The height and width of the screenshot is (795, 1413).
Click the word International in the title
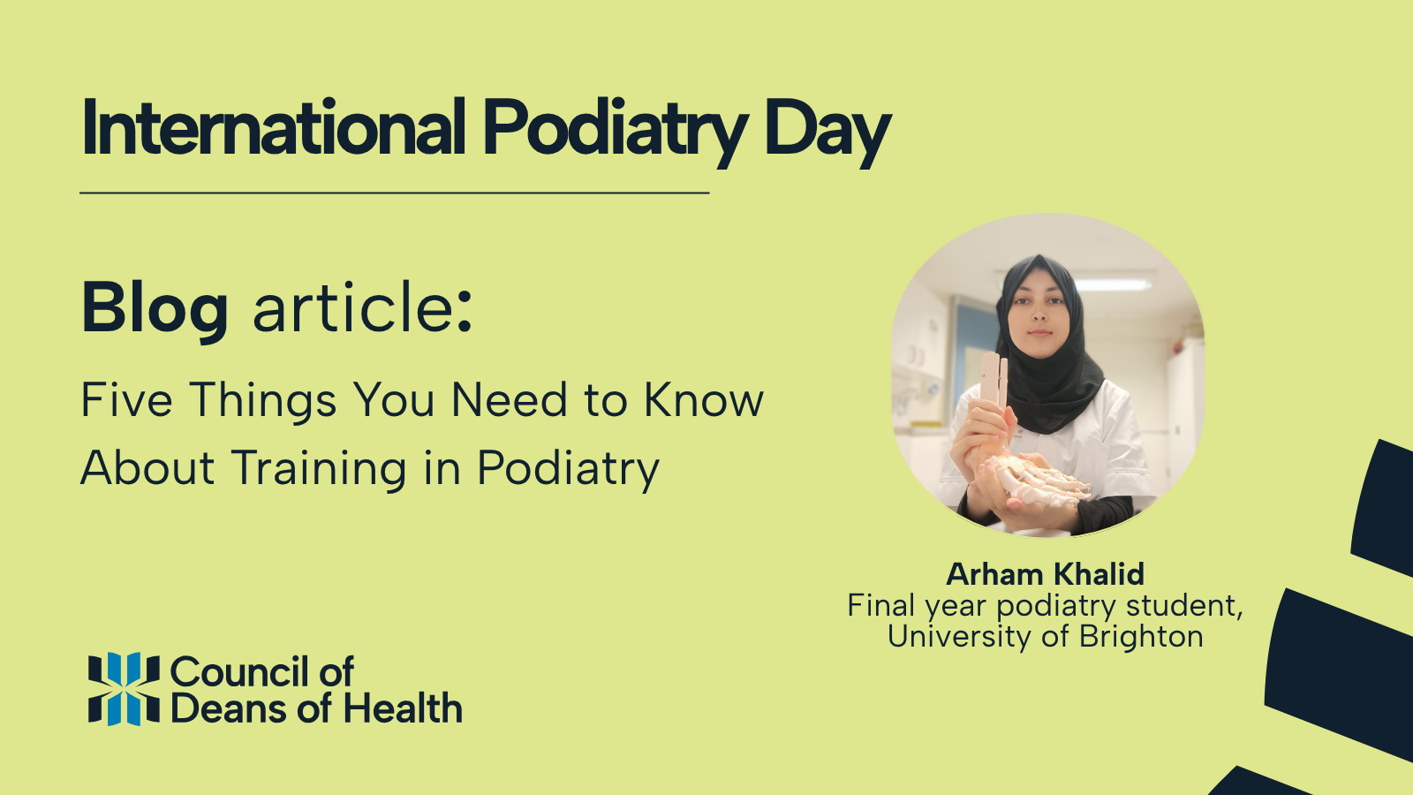274,129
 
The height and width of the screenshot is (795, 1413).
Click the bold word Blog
155,309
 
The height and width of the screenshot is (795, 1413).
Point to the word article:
363,308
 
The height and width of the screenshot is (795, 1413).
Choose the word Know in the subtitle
704,400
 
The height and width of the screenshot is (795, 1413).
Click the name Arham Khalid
1046,574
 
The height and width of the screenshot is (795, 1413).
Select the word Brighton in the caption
1141,636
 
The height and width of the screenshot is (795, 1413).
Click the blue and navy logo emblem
124,689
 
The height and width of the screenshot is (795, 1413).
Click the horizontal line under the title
394,192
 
